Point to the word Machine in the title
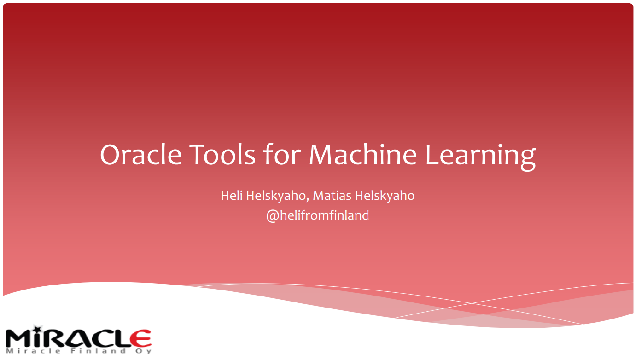363,155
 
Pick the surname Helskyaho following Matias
385,196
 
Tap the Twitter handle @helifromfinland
318,215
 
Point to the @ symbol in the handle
271,215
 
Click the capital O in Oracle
112,155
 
